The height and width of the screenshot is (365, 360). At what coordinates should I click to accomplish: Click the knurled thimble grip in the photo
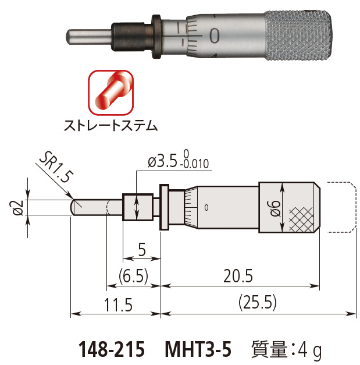(299, 36)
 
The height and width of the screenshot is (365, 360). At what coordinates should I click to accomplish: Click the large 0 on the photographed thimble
(215, 36)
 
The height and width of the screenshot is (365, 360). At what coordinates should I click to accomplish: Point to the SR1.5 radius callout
(56, 169)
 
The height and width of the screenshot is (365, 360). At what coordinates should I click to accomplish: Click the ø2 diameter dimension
(18, 207)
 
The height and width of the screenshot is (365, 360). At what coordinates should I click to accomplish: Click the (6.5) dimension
(133, 275)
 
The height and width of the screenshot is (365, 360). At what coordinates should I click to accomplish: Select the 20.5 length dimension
(240, 275)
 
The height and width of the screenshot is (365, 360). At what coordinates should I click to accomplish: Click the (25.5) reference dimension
(258, 303)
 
